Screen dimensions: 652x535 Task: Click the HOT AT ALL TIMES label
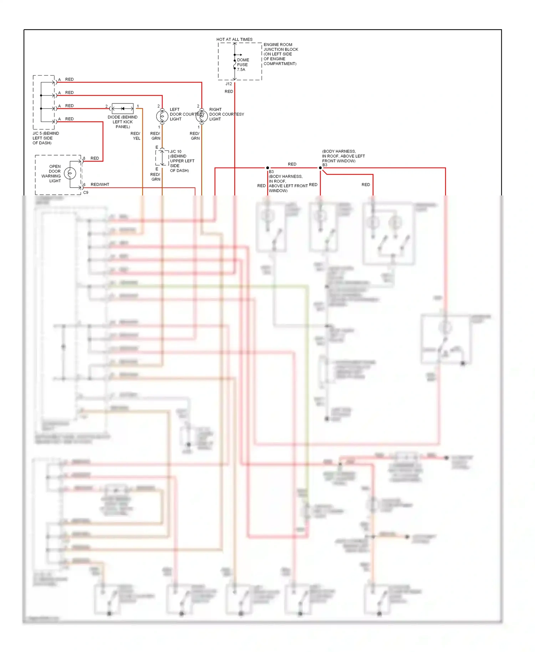[234, 39]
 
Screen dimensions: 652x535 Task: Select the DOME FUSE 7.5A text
[243, 65]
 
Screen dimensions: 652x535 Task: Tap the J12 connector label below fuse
[229, 84]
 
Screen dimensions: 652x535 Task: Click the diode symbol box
[123, 108]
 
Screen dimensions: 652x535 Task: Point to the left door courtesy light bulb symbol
[162, 116]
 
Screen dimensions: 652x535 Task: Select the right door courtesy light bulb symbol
[202, 116]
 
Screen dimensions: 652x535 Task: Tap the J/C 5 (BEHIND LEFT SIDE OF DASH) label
[46, 138]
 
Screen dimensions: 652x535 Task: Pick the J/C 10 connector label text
[175, 151]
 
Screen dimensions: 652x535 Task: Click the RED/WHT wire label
[100, 184]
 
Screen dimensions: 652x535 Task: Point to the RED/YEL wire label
[136, 136]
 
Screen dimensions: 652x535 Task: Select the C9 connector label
[86, 193]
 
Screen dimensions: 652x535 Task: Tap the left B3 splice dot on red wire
[267, 168]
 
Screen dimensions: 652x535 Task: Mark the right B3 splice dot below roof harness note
[320, 168]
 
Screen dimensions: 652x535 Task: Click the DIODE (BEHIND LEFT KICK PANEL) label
[123, 122]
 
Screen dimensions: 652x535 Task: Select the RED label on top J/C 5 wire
[70, 80]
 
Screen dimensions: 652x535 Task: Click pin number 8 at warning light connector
[84, 158]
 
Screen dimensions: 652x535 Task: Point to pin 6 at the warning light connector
[84, 185]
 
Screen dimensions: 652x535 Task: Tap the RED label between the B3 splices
[292, 164]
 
